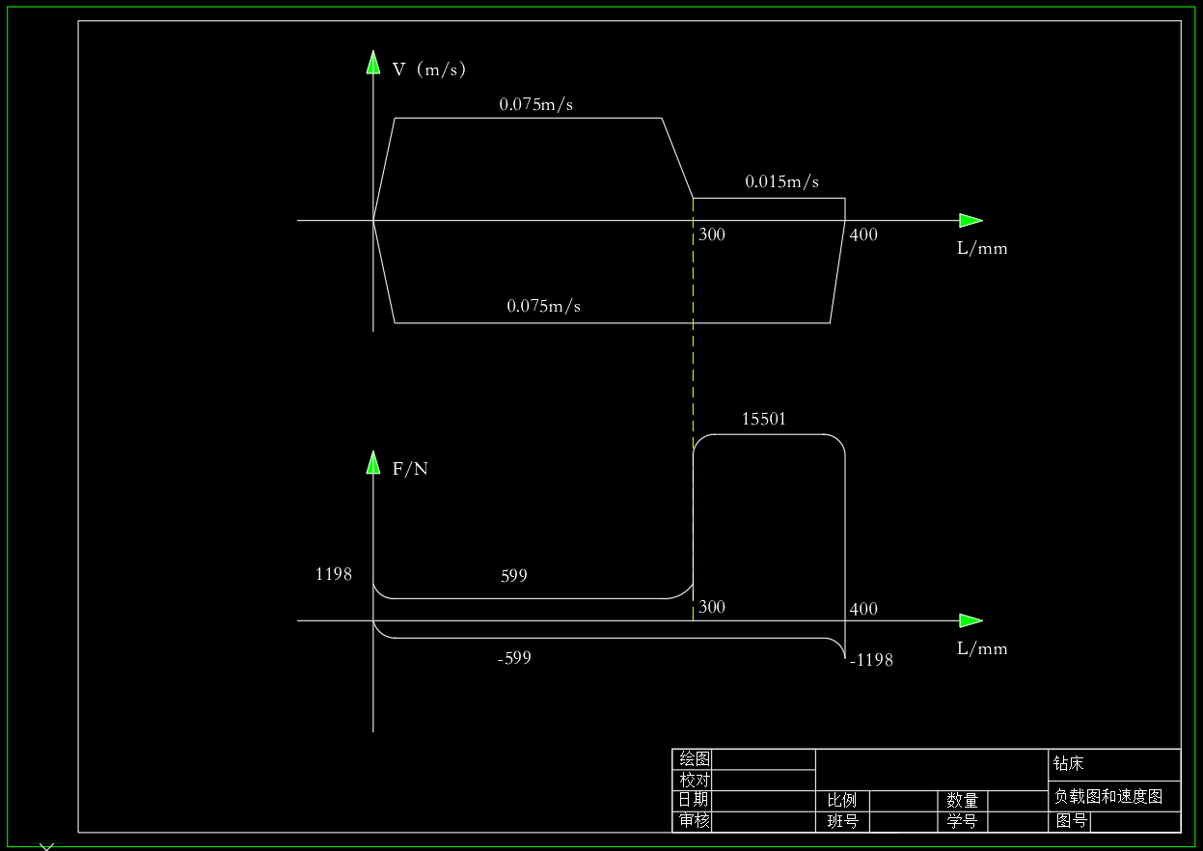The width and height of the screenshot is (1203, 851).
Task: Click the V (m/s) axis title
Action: (x=429, y=69)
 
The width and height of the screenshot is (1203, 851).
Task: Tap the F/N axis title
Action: (x=410, y=469)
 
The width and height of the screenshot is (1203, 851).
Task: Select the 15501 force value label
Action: (x=764, y=419)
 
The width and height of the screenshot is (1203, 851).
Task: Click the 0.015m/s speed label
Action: (x=781, y=181)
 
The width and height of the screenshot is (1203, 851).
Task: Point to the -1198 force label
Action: (x=871, y=660)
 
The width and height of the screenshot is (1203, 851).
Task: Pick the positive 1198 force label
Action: (x=334, y=574)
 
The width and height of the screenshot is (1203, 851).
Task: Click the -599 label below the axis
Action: (x=514, y=658)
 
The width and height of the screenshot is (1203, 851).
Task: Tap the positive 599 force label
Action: (x=514, y=576)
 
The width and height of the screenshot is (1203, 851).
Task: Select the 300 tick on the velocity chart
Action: (x=712, y=234)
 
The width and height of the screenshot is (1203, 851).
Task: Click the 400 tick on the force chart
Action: (x=863, y=609)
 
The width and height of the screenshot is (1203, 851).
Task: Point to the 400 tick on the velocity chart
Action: (x=863, y=234)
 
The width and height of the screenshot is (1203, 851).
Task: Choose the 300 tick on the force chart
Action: (x=712, y=607)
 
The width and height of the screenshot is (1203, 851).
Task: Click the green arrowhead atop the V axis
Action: (x=373, y=62)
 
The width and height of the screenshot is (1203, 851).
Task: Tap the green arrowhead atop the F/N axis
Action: (x=373, y=462)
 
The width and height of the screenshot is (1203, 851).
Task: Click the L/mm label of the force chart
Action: (x=982, y=648)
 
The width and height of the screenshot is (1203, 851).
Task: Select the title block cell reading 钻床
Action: (x=1069, y=764)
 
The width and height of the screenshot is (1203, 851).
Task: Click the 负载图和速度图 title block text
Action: (x=1108, y=796)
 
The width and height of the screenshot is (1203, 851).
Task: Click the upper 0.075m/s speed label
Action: (x=535, y=104)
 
